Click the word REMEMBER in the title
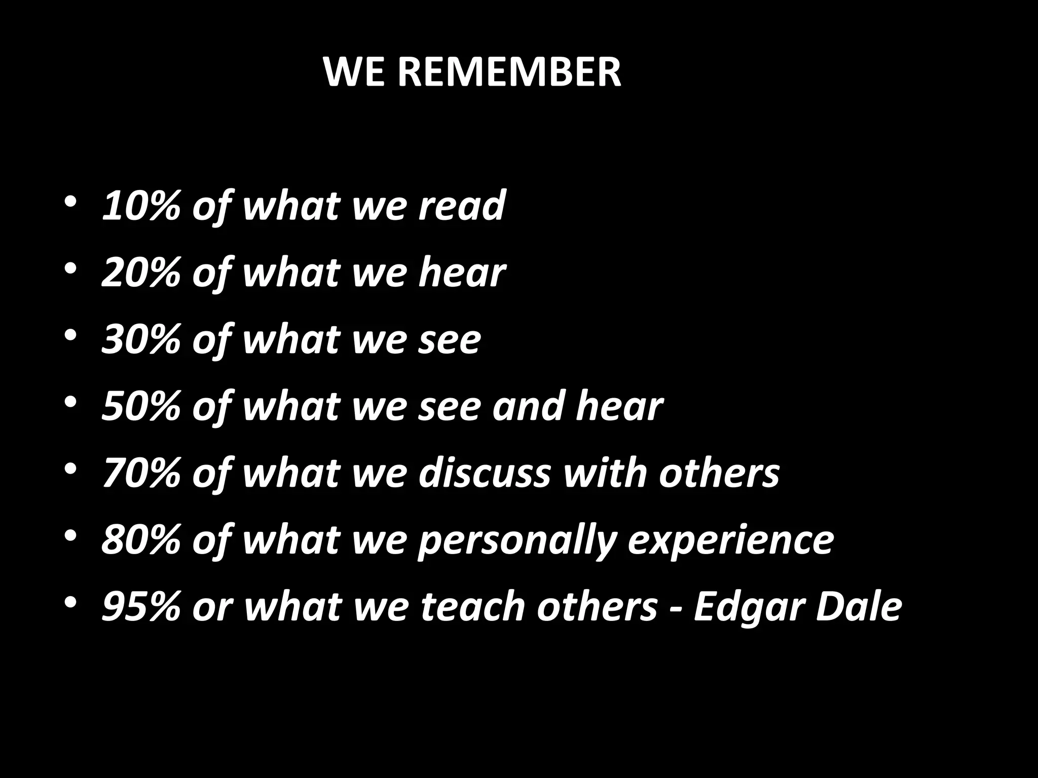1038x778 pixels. (x=509, y=72)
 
